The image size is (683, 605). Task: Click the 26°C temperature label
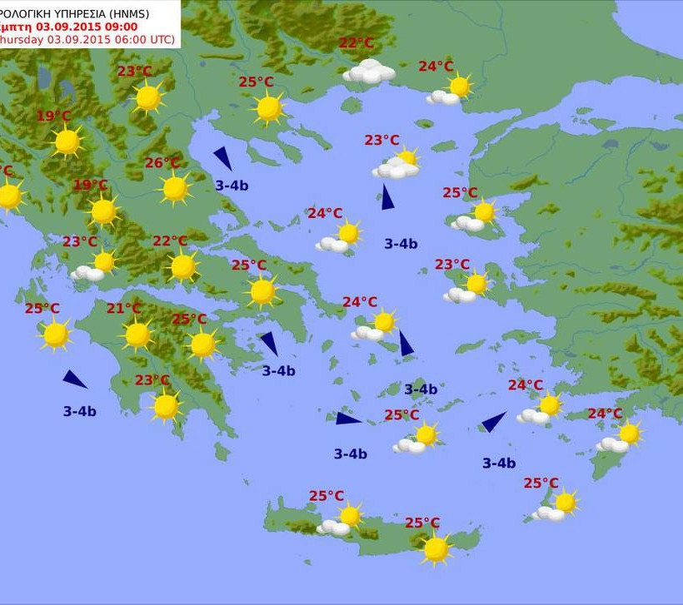point(162,163)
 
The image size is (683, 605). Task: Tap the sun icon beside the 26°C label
point(175,189)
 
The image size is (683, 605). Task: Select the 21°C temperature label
point(124,309)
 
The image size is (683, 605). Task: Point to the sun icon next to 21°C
point(137,335)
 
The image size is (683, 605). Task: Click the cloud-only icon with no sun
point(369,72)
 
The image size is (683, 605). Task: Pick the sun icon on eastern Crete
point(436,548)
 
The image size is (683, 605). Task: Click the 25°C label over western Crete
point(327,496)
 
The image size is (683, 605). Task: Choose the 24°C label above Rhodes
point(605,414)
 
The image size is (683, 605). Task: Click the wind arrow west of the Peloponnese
point(75,379)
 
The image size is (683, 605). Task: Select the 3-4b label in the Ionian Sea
point(79,410)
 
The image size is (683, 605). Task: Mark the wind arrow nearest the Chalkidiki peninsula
point(222,158)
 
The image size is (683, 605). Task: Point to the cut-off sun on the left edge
point(8,196)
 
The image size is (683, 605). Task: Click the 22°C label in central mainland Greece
point(170,241)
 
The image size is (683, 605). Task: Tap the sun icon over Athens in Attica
point(262,291)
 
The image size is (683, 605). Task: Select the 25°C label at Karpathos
point(541,483)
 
